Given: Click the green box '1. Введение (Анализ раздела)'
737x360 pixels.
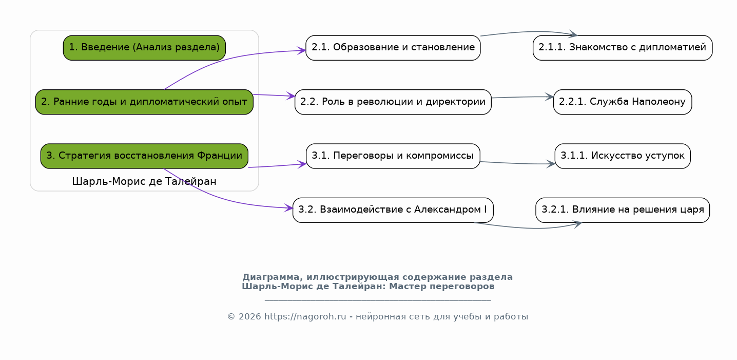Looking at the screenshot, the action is click(144, 48).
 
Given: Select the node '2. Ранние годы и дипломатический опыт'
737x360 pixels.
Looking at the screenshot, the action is click(144, 102).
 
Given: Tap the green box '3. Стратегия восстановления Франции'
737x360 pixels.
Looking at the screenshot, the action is click(144, 156).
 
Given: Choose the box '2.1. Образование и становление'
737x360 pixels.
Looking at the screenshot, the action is click(393, 48).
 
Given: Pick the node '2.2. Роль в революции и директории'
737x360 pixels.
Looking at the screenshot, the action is click(393, 102).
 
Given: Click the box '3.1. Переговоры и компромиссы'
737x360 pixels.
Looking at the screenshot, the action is click(393, 156).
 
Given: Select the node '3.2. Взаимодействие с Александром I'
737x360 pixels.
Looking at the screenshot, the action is click(393, 210).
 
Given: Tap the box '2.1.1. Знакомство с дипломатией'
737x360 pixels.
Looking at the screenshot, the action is click(623, 48).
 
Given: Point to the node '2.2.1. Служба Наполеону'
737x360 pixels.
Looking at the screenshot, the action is click(623, 102).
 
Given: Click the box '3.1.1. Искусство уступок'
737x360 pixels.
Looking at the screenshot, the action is click(623, 156).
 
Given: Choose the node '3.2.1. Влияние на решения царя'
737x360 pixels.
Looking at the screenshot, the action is click(623, 210).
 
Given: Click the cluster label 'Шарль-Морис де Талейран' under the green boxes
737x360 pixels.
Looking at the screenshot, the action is click(144, 181).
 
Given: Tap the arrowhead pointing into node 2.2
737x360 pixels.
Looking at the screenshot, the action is click(291, 96).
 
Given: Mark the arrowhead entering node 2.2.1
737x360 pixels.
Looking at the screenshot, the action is click(550, 97).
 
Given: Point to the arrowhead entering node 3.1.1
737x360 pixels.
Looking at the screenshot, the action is click(551, 164).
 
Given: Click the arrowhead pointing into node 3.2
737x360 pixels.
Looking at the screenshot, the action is click(288, 208).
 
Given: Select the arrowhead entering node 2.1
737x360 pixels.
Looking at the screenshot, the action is click(302, 50).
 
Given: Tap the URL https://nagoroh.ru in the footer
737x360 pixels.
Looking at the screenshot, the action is click(305, 316).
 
